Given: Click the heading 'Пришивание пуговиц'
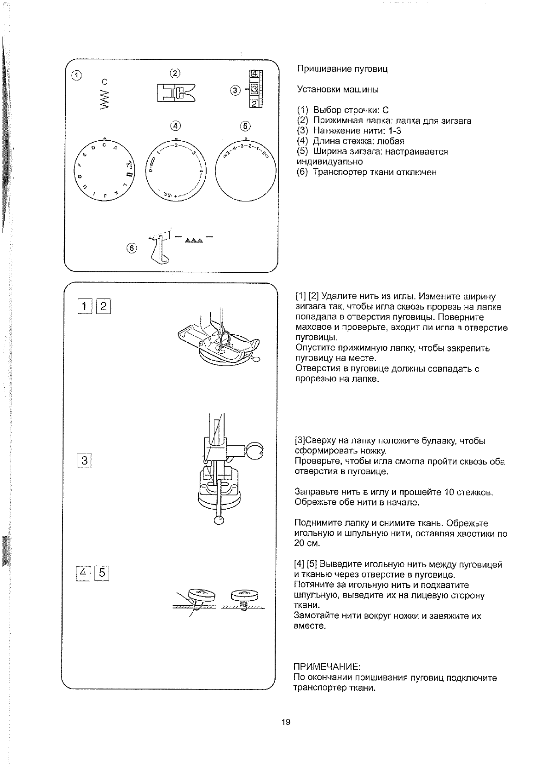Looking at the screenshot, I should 342,69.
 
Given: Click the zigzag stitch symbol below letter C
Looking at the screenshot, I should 105,100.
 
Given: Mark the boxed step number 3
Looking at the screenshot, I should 84,460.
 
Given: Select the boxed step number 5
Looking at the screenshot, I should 102,573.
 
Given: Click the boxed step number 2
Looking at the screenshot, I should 103,305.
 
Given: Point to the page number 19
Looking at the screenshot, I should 285,722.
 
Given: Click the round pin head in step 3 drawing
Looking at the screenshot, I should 219,520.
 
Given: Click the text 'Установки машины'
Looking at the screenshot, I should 338,90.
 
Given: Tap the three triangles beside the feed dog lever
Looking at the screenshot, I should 194,240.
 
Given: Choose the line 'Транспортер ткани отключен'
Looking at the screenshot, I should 374,172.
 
